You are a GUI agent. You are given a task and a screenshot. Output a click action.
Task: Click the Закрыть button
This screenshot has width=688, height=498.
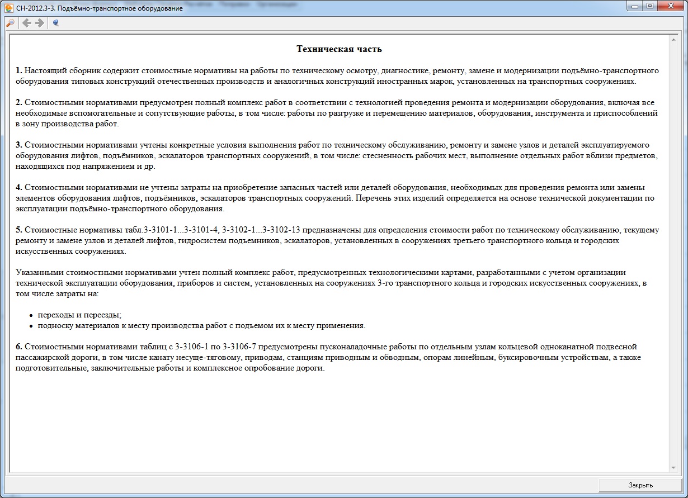640,485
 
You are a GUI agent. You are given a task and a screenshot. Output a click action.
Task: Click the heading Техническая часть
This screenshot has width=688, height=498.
339,49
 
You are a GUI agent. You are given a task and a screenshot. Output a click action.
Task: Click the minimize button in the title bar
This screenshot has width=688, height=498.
634,6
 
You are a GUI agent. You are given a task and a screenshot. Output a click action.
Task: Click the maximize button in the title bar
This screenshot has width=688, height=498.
649,6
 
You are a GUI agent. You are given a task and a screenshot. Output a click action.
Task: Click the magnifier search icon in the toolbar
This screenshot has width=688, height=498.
10,23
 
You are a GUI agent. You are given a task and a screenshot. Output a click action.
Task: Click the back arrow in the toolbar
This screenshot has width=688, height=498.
26,23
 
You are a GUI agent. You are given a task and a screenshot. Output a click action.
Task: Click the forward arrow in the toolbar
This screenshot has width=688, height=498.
39,23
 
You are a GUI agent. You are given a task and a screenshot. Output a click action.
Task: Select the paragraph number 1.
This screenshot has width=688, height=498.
19,71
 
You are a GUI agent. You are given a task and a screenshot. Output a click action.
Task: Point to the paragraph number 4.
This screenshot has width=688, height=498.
19,188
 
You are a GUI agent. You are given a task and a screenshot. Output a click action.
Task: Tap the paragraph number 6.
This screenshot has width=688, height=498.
19,347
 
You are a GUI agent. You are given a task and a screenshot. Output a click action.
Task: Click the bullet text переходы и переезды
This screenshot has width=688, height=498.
79,315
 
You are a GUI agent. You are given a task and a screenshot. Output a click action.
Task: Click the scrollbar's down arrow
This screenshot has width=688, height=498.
673,467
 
